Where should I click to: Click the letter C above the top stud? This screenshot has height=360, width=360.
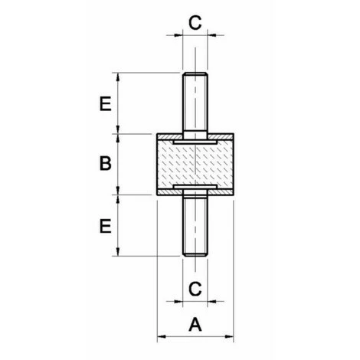click(195, 22)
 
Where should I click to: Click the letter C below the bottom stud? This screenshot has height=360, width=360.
click(195, 289)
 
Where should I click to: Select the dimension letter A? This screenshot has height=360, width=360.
click(195, 325)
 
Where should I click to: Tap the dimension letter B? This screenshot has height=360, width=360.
click(106, 163)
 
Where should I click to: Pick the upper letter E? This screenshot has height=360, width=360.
click(106, 103)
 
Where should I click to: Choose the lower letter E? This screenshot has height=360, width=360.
click(106, 226)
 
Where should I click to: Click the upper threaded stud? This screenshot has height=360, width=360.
click(195, 106)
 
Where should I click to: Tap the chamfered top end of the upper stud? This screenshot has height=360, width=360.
click(195, 74)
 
